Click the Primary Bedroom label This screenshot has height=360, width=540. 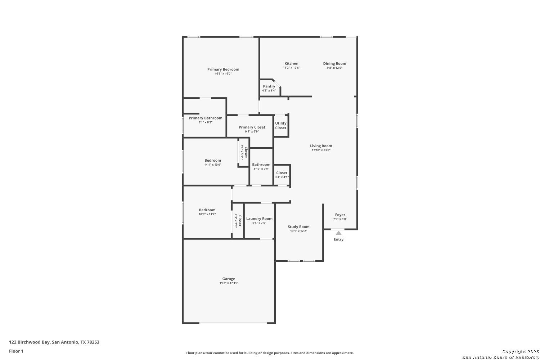tap(223, 69)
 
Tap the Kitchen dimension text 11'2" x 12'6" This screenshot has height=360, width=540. tap(291, 68)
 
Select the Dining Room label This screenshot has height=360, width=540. tap(334, 64)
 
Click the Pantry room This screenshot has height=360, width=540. tap(269, 88)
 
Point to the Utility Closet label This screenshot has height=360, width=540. tap(281, 126)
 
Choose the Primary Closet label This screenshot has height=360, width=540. tap(252, 127)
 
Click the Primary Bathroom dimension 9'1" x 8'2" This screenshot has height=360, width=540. tap(206, 122)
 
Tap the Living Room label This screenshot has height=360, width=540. tap(321, 146)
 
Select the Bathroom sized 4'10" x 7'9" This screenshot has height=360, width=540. tap(261, 166)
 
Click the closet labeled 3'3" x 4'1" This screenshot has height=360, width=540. tap(282, 175)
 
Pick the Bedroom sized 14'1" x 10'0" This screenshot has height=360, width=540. tap(213, 162)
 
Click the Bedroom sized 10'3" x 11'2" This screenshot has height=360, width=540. tap(207, 212)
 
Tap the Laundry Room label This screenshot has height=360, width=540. tap(259, 219)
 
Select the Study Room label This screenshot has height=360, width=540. tap(298, 227)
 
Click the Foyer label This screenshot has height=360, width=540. tap(340, 215)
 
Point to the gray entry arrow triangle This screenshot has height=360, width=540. tap(339, 233)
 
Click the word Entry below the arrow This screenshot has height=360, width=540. tap(339, 239)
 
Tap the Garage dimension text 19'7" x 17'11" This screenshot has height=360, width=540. tap(229, 283)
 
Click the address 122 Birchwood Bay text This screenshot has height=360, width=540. tap(54, 342)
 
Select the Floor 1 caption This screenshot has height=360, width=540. tap(16, 351)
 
